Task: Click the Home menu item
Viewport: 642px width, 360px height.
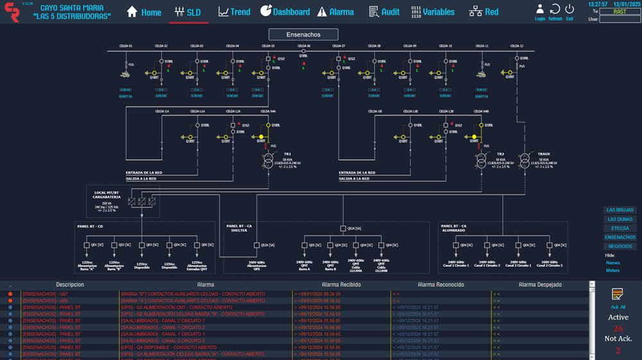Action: pyautogui.click(x=144, y=12)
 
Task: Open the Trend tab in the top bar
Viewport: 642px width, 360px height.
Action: pyautogui.click(x=234, y=12)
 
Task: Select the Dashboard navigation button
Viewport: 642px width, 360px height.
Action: pyautogui.click(x=285, y=12)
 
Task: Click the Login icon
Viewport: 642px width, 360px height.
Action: pyautogui.click(x=540, y=10)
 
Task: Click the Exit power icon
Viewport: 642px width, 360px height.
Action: pyautogui.click(x=569, y=10)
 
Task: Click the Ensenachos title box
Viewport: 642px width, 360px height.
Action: pyautogui.click(x=303, y=35)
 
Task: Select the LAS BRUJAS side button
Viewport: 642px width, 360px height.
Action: pyautogui.click(x=620, y=210)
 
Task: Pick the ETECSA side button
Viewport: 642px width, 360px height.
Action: pyautogui.click(x=620, y=228)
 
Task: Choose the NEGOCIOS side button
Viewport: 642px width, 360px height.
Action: pyautogui.click(x=620, y=246)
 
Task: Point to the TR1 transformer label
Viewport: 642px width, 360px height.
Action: pyautogui.click(x=288, y=154)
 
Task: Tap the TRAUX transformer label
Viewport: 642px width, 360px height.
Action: pyautogui.click(x=544, y=154)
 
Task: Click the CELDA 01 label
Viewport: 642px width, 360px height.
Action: pyautogui.click(x=126, y=46)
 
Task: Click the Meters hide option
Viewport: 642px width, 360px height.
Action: pyautogui.click(x=613, y=270)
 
